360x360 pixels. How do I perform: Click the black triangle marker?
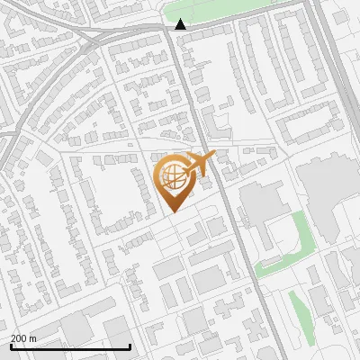181,24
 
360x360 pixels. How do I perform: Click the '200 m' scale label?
23,338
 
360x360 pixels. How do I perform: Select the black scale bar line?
70,346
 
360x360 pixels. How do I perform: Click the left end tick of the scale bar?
11,346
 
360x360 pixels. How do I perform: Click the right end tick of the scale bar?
130,346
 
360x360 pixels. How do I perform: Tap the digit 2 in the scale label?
13,338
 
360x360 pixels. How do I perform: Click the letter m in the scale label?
33,338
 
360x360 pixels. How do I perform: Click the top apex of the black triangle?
181,19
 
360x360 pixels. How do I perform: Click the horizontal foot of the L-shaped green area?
274,265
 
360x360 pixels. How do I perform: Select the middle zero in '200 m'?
19,338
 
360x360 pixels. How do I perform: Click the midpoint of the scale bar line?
70,346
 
